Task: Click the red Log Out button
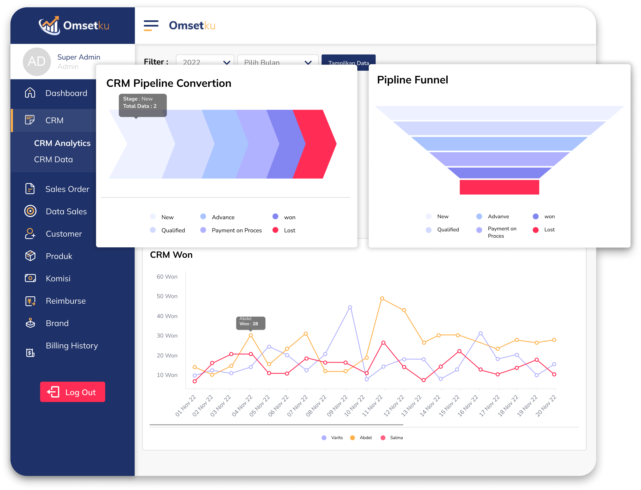pyautogui.click(x=72, y=392)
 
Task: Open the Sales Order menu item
pyautogui.click(x=67, y=189)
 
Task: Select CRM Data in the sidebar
pyautogui.click(x=54, y=159)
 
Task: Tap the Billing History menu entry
pyautogui.click(x=72, y=346)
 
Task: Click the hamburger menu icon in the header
pyautogui.click(x=151, y=25)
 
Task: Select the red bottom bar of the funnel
pyautogui.click(x=499, y=187)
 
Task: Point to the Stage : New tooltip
pyautogui.click(x=143, y=103)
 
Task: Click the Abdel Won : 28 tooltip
pyautogui.click(x=250, y=322)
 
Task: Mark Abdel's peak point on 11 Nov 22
pyautogui.click(x=382, y=298)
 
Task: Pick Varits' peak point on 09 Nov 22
pyautogui.click(x=350, y=307)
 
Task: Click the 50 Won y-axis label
pyautogui.click(x=167, y=296)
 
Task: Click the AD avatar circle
pyautogui.click(x=37, y=62)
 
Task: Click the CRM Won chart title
pyautogui.click(x=171, y=255)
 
